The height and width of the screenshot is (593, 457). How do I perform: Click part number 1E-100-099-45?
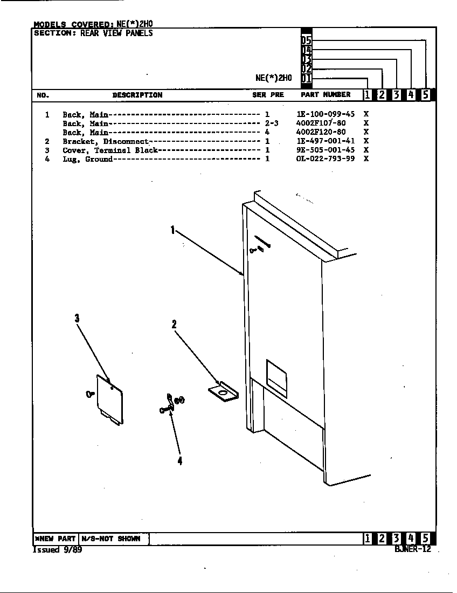pyautogui.click(x=326, y=114)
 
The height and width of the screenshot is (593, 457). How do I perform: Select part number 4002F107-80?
pyautogui.click(x=321, y=123)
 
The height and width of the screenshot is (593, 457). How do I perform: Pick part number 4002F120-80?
pyautogui.click(x=321, y=132)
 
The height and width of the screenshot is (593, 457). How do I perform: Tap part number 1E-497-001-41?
pyautogui.click(x=326, y=141)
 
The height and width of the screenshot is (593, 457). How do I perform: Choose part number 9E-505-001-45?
pyautogui.click(x=326, y=150)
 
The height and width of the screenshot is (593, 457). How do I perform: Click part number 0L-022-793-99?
pyautogui.click(x=326, y=159)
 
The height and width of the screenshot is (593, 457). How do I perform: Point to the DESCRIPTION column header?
pyautogui.click(x=137, y=95)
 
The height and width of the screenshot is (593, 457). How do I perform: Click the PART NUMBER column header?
pyautogui.click(x=326, y=94)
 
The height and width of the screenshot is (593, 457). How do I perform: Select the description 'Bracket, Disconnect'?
pyautogui.click(x=106, y=141)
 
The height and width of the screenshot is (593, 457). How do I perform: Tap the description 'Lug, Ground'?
pyautogui.click(x=88, y=159)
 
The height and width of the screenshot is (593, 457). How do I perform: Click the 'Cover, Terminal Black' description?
pyautogui.click(x=110, y=150)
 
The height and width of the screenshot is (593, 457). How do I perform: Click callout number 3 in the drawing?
pyautogui.click(x=77, y=319)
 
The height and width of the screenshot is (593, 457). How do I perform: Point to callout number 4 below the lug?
pyautogui.click(x=180, y=460)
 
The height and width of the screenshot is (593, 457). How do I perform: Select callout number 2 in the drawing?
pyautogui.click(x=174, y=325)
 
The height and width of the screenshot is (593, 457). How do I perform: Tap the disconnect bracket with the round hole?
pyautogui.click(x=223, y=391)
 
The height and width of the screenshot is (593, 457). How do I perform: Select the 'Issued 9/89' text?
pyautogui.click(x=58, y=550)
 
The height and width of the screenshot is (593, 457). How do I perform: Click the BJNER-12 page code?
pyautogui.click(x=413, y=549)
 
